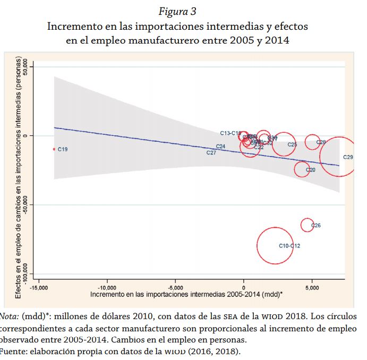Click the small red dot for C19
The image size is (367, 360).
(x=54, y=149)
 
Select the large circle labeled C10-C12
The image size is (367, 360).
(x=275, y=245)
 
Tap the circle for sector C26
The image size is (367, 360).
(x=307, y=225)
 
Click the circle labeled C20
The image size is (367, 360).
(x=302, y=169)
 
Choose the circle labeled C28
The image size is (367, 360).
(x=312, y=142)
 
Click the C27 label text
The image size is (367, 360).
(x=211, y=153)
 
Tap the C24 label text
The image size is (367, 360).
(x=221, y=147)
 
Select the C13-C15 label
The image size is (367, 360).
(x=231, y=133)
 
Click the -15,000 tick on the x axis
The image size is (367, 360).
(x=38, y=287)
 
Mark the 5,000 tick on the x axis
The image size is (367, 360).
(x=312, y=287)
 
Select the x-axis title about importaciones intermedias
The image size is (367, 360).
(x=186, y=294)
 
